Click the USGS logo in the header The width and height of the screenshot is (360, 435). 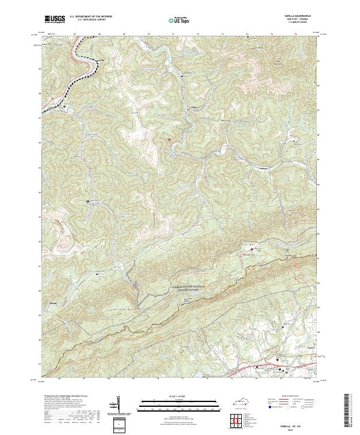click(x=55, y=19)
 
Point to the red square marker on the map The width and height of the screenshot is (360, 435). click(x=170, y=139)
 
